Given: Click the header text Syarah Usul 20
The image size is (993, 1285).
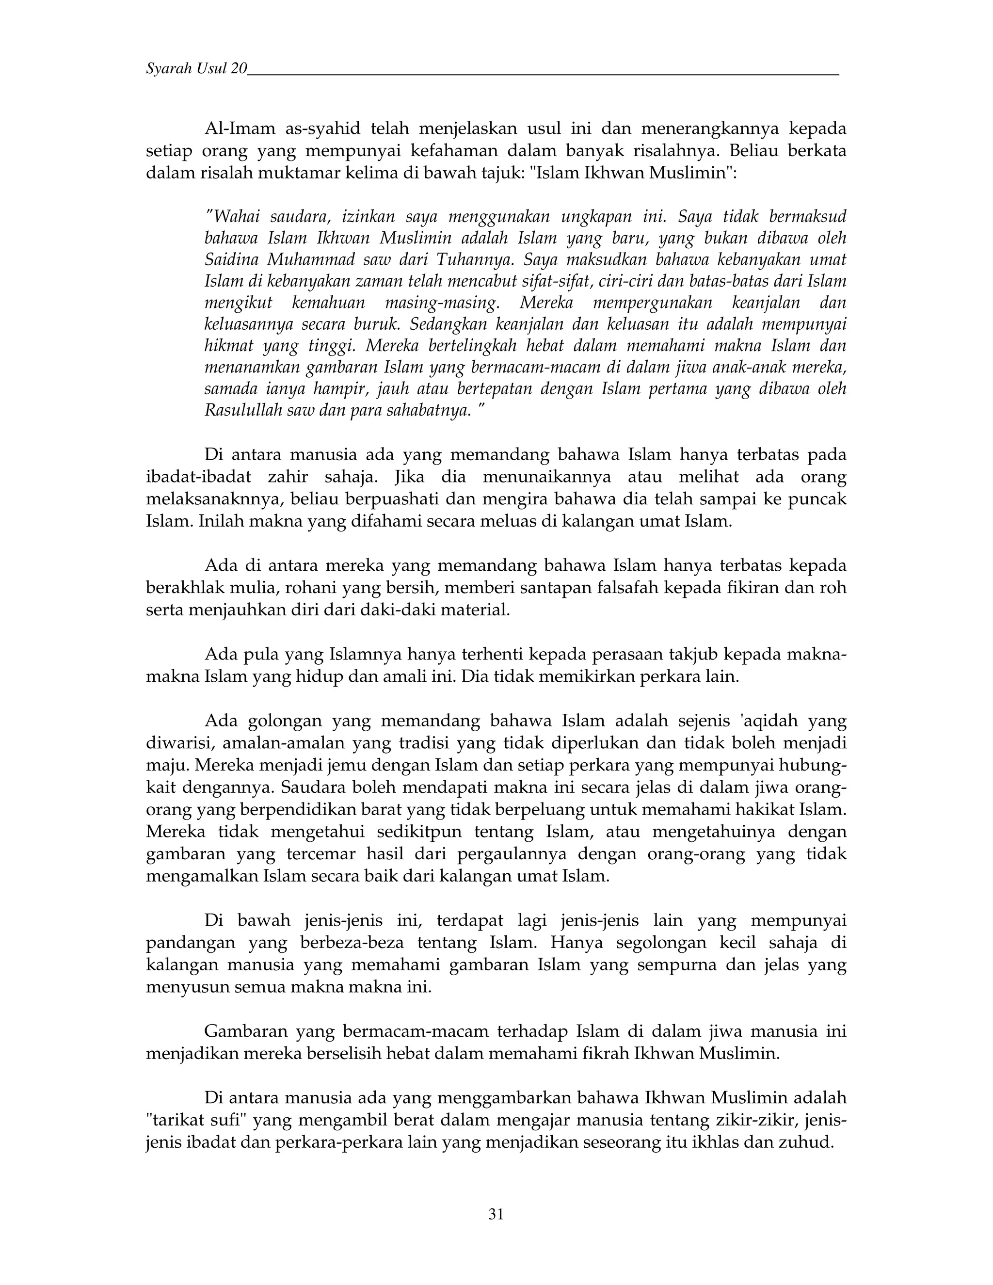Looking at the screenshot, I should click(196, 69).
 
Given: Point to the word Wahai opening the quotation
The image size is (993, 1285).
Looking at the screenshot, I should click(235, 217).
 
